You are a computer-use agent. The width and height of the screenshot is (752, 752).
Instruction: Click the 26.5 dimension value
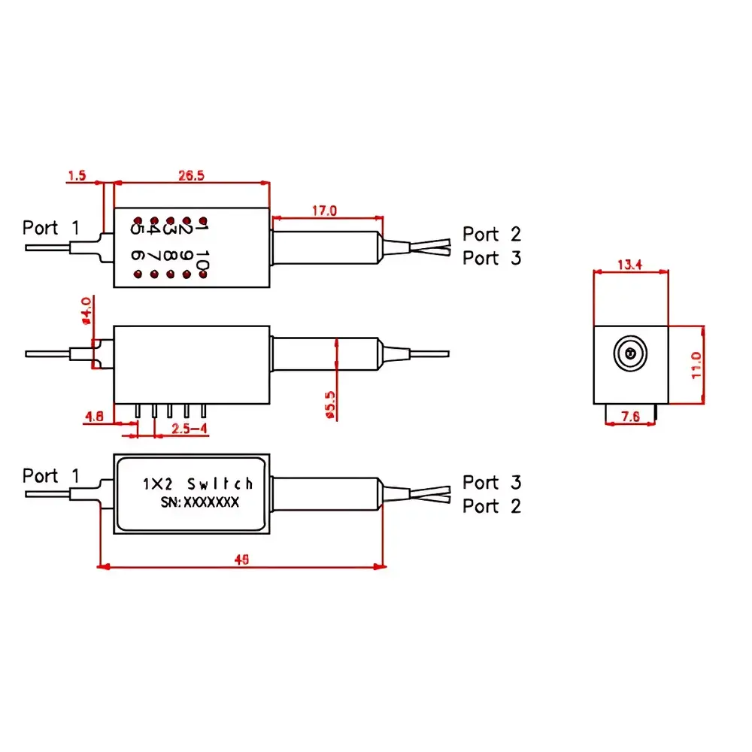[191, 174]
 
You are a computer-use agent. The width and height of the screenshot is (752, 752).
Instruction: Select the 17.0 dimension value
[324, 211]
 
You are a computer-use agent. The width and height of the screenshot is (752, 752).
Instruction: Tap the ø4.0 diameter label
[86, 310]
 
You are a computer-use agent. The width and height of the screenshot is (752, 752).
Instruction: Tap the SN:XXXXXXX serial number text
[199, 502]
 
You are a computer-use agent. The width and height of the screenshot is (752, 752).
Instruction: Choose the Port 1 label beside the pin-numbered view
[50, 227]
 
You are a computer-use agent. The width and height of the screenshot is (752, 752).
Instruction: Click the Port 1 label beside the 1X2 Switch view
[50, 476]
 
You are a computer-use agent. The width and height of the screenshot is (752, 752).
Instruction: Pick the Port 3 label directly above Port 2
[492, 482]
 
